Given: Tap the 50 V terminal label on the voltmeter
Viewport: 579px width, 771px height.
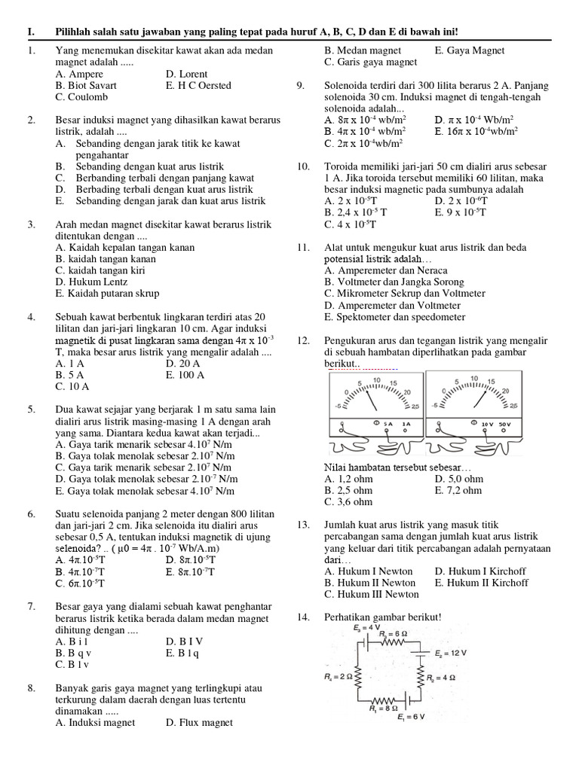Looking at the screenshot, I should tap(504, 424).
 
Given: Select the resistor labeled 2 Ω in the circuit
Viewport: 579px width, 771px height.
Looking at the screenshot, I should tap(357, 678).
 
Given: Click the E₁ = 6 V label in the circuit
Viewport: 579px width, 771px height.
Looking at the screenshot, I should tap(412, 716).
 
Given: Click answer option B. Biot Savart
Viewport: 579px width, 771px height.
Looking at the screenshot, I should tap(86, 85).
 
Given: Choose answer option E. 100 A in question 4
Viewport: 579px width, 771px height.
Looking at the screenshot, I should tap(185, 374).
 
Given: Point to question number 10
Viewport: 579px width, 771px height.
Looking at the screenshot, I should tap(303, 166).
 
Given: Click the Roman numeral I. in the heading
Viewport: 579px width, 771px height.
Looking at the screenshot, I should tap(31, 31).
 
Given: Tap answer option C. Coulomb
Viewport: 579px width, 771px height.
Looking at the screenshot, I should tap(81, 96).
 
